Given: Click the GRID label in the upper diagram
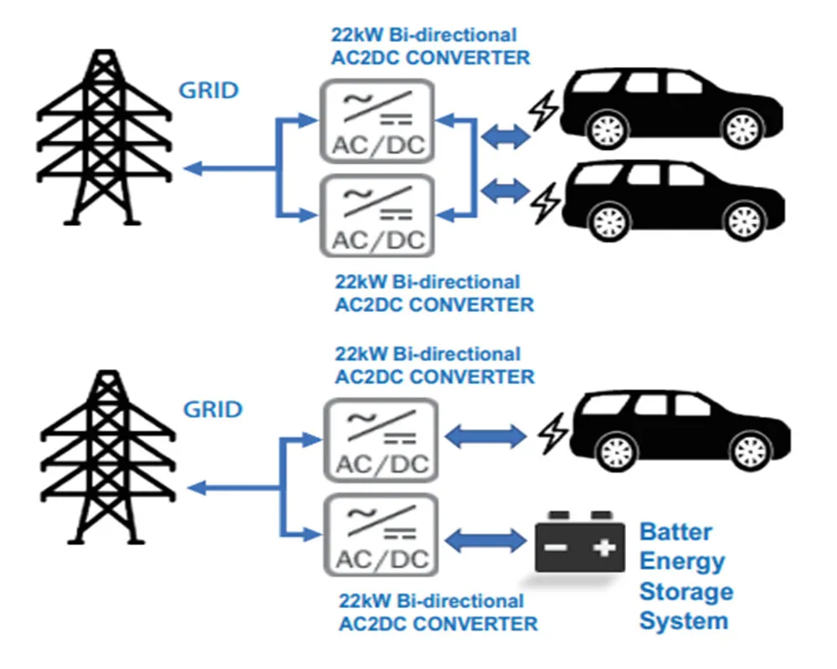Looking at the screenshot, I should click(x=210, y=90).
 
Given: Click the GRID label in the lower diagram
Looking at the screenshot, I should click(x=213, y=411).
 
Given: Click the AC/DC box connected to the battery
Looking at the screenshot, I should click(x=382, y=536).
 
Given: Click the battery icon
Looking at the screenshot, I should click(x=579, y=543).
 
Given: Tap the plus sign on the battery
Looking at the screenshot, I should click(x=603, y=549).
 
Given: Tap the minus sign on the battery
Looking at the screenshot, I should click(x=556, y=549).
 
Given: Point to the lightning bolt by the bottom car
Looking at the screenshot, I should click(x=552, y=434).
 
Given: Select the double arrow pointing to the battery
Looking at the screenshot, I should click(x=486, y=539).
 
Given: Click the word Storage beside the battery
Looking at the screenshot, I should click(x=686, y=591).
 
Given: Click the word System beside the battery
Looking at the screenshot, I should click(x=683, y=620).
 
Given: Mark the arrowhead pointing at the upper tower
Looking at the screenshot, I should click(x=191, y=170).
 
